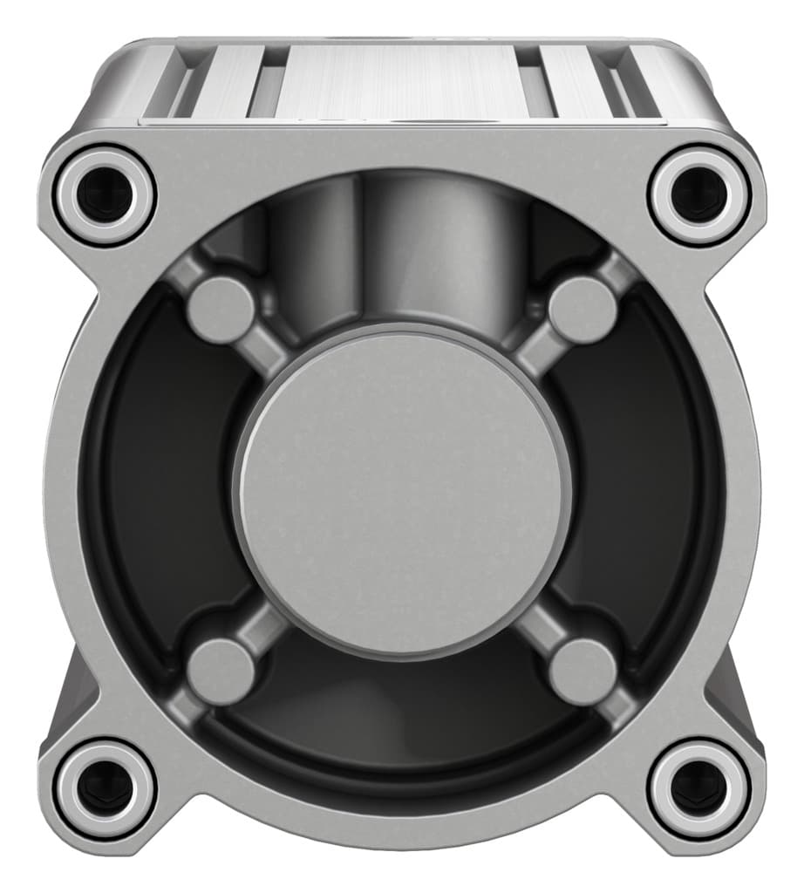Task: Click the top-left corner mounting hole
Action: tap(104, 193)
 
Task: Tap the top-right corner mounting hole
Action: tap(699, 193)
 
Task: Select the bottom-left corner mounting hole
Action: tap(104, 787)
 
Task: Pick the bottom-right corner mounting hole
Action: tap(699, 787)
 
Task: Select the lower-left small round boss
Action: tap(221, 671)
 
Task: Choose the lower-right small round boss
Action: tap(583, 671)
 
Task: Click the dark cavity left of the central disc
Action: tap(157, 488)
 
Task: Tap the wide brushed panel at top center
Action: tap(401, 83)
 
